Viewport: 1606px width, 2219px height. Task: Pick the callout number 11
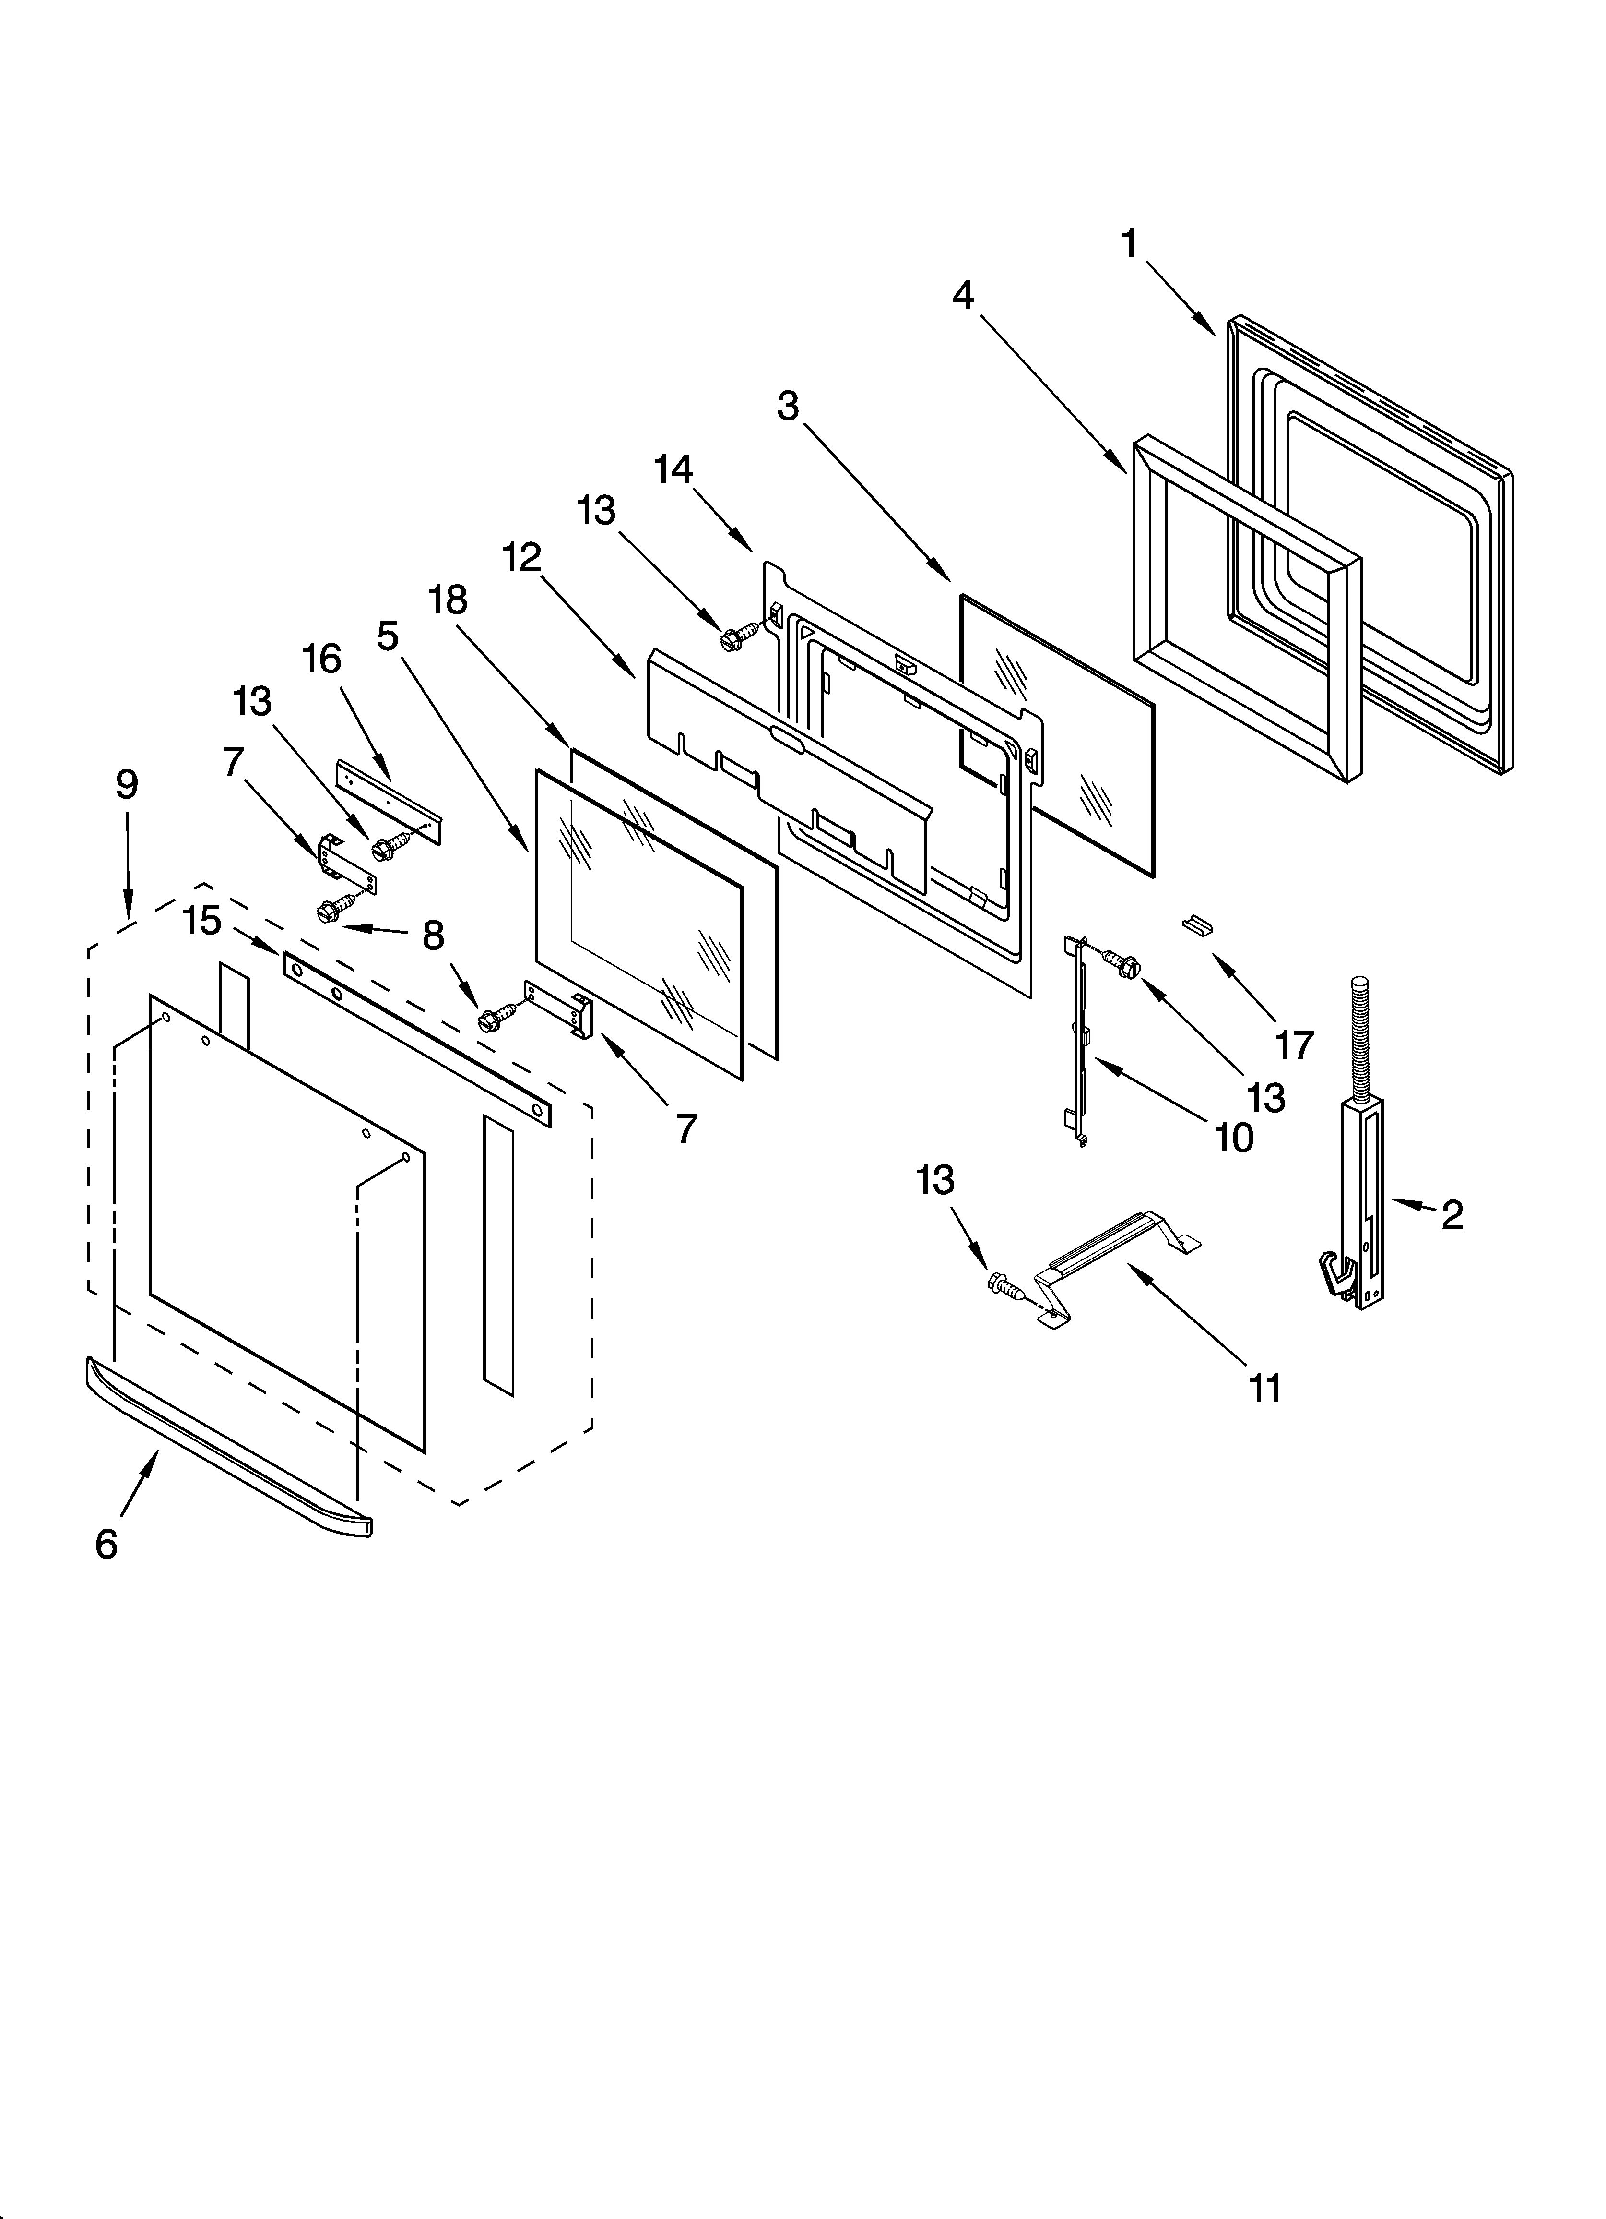[1265, 1387]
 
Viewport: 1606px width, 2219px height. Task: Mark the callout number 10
[1234, 1138]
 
